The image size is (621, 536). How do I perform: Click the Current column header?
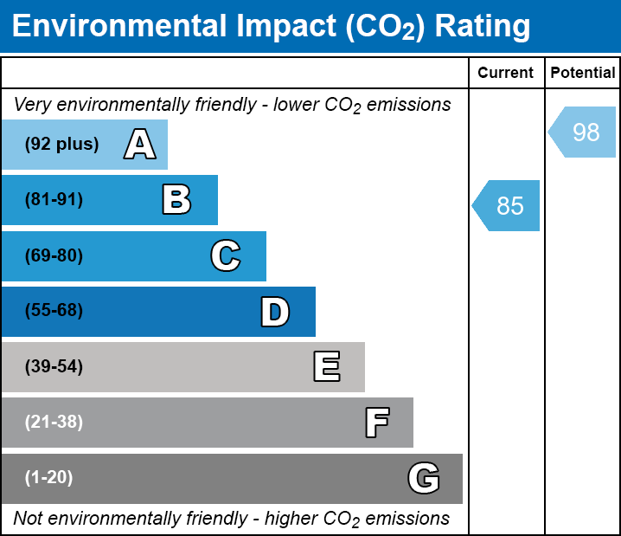pos(506,74)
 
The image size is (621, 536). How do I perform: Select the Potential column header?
pos(583,74)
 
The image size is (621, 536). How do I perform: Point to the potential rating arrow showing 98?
pos(583,132)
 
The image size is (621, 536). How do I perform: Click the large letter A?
pos(139,145)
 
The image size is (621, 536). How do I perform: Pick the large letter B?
pos(176,200)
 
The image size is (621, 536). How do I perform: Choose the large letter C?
pos(226,256)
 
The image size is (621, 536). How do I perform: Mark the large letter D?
pos(275,312)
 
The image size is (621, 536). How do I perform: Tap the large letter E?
pos(326,367)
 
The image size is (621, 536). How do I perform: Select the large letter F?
pos(376,423)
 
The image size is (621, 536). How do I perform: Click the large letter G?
pos(424,478)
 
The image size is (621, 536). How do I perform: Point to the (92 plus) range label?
pos(61,145)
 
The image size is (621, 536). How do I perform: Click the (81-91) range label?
pos(54,200)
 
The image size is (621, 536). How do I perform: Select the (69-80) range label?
pos(54,256)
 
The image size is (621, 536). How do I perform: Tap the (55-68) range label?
pos(54,311)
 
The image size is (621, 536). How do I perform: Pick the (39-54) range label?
pos(54,367)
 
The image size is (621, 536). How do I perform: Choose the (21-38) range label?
pos(54,423)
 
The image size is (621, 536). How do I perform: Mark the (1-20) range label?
pos(49,478)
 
